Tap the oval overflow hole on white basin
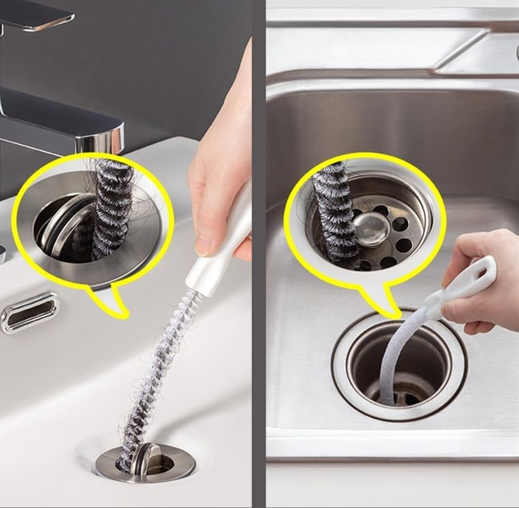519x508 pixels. pos(29,312)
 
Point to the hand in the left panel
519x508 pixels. pos(219,159)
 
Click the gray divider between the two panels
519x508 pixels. pos(259,254)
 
